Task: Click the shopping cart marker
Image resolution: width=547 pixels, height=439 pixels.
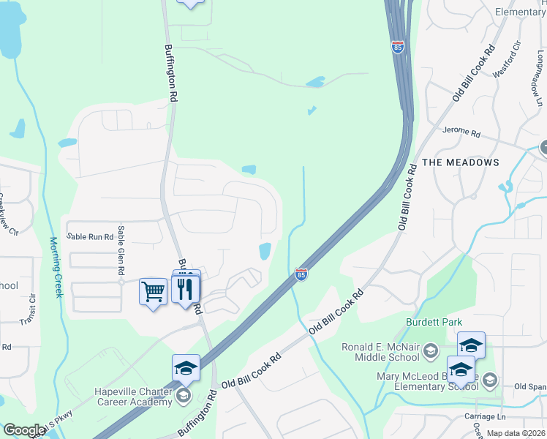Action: tap(153, 292)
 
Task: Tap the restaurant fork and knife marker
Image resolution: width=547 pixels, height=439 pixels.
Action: tap(186, 288)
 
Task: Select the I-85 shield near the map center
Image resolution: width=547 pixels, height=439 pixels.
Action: tap(301, 274)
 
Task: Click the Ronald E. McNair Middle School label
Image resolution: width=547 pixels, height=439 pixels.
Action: tap(381, 352)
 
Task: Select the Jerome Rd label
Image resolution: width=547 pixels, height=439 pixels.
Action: tap(461, 134)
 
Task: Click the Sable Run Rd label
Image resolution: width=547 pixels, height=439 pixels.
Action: tap(90, 236)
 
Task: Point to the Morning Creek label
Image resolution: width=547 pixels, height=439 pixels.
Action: tap(55, 266)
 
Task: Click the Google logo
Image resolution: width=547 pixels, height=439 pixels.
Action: tap(24, 430)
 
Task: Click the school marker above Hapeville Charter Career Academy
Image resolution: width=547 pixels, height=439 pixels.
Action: tap(186, 367)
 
